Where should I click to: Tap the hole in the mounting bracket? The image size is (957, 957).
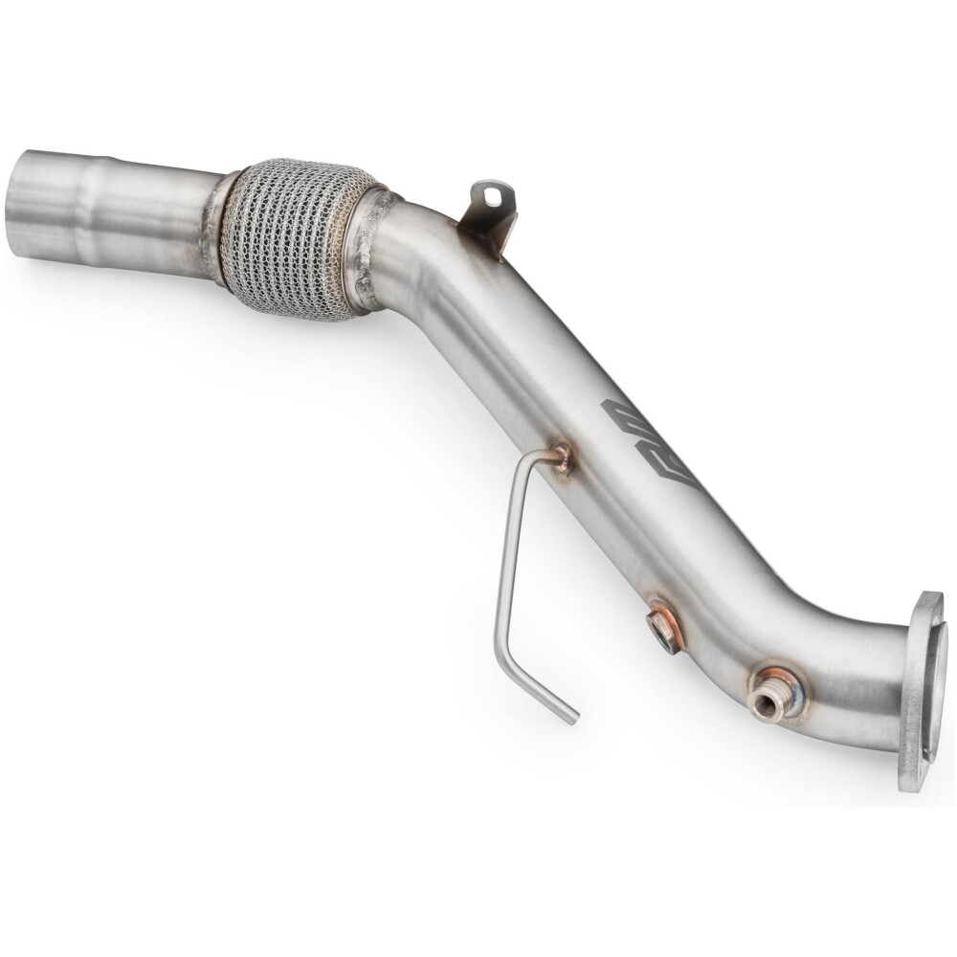point(492,197)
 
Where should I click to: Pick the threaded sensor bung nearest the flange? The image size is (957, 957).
point(768,696)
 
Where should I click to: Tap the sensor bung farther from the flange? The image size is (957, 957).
point(663,627)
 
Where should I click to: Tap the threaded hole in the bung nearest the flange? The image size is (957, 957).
point(765,704)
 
